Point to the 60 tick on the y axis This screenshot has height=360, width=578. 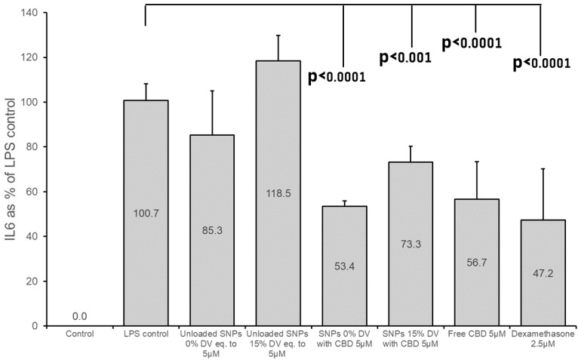[x=32, y=192]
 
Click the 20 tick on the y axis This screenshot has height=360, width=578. [x=32, y=282]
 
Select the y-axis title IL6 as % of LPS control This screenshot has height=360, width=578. [x=11, y=170]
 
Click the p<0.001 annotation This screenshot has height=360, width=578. [x=404, y=57]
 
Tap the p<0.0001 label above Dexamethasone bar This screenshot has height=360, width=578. [x=541, y=63]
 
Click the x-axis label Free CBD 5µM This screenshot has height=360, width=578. [x=476, y=333]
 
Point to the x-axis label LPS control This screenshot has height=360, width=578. [x=146, y=333]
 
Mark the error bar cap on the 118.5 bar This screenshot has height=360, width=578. [x=278, y=35]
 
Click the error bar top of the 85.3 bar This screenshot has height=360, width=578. [x=212, y=91]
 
